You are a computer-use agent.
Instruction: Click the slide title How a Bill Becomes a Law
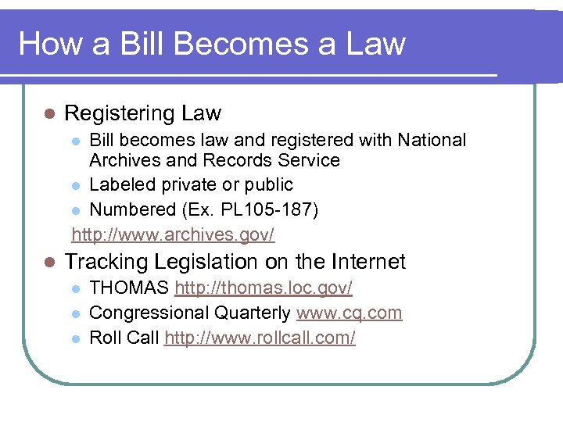pyautogui.click(x=212, y=43)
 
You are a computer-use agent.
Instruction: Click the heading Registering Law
pyautogui.click(x=142, y=114)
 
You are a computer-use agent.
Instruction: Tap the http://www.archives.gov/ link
pyautogui.click(x=173, y=234)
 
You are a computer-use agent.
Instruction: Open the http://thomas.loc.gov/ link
pyautogui.click(x=264, y=288)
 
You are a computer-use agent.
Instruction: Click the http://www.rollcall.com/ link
pyautogui.click(x=260, y=338)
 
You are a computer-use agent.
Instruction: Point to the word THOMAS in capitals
pyautogui.click(x=129, y=288)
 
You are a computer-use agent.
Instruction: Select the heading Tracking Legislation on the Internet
pyautogui.click(x=235, y=262)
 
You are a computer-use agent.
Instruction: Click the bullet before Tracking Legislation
pyautogui.click(x=48, y=263)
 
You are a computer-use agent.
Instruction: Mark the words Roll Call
pyautogui.click(x=124, y=338)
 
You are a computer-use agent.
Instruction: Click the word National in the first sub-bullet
pyautogui.click(x=432, y=140)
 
